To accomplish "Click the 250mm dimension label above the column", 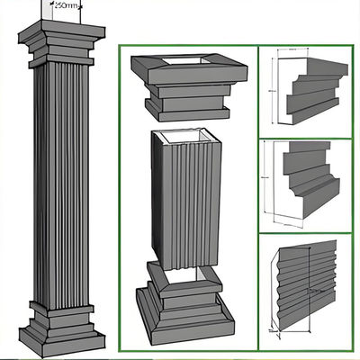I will pos(65,5).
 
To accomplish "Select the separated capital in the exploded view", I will pos(189,85).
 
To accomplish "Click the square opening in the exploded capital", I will pos(189,63).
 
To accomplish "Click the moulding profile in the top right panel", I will pos(310,90).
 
